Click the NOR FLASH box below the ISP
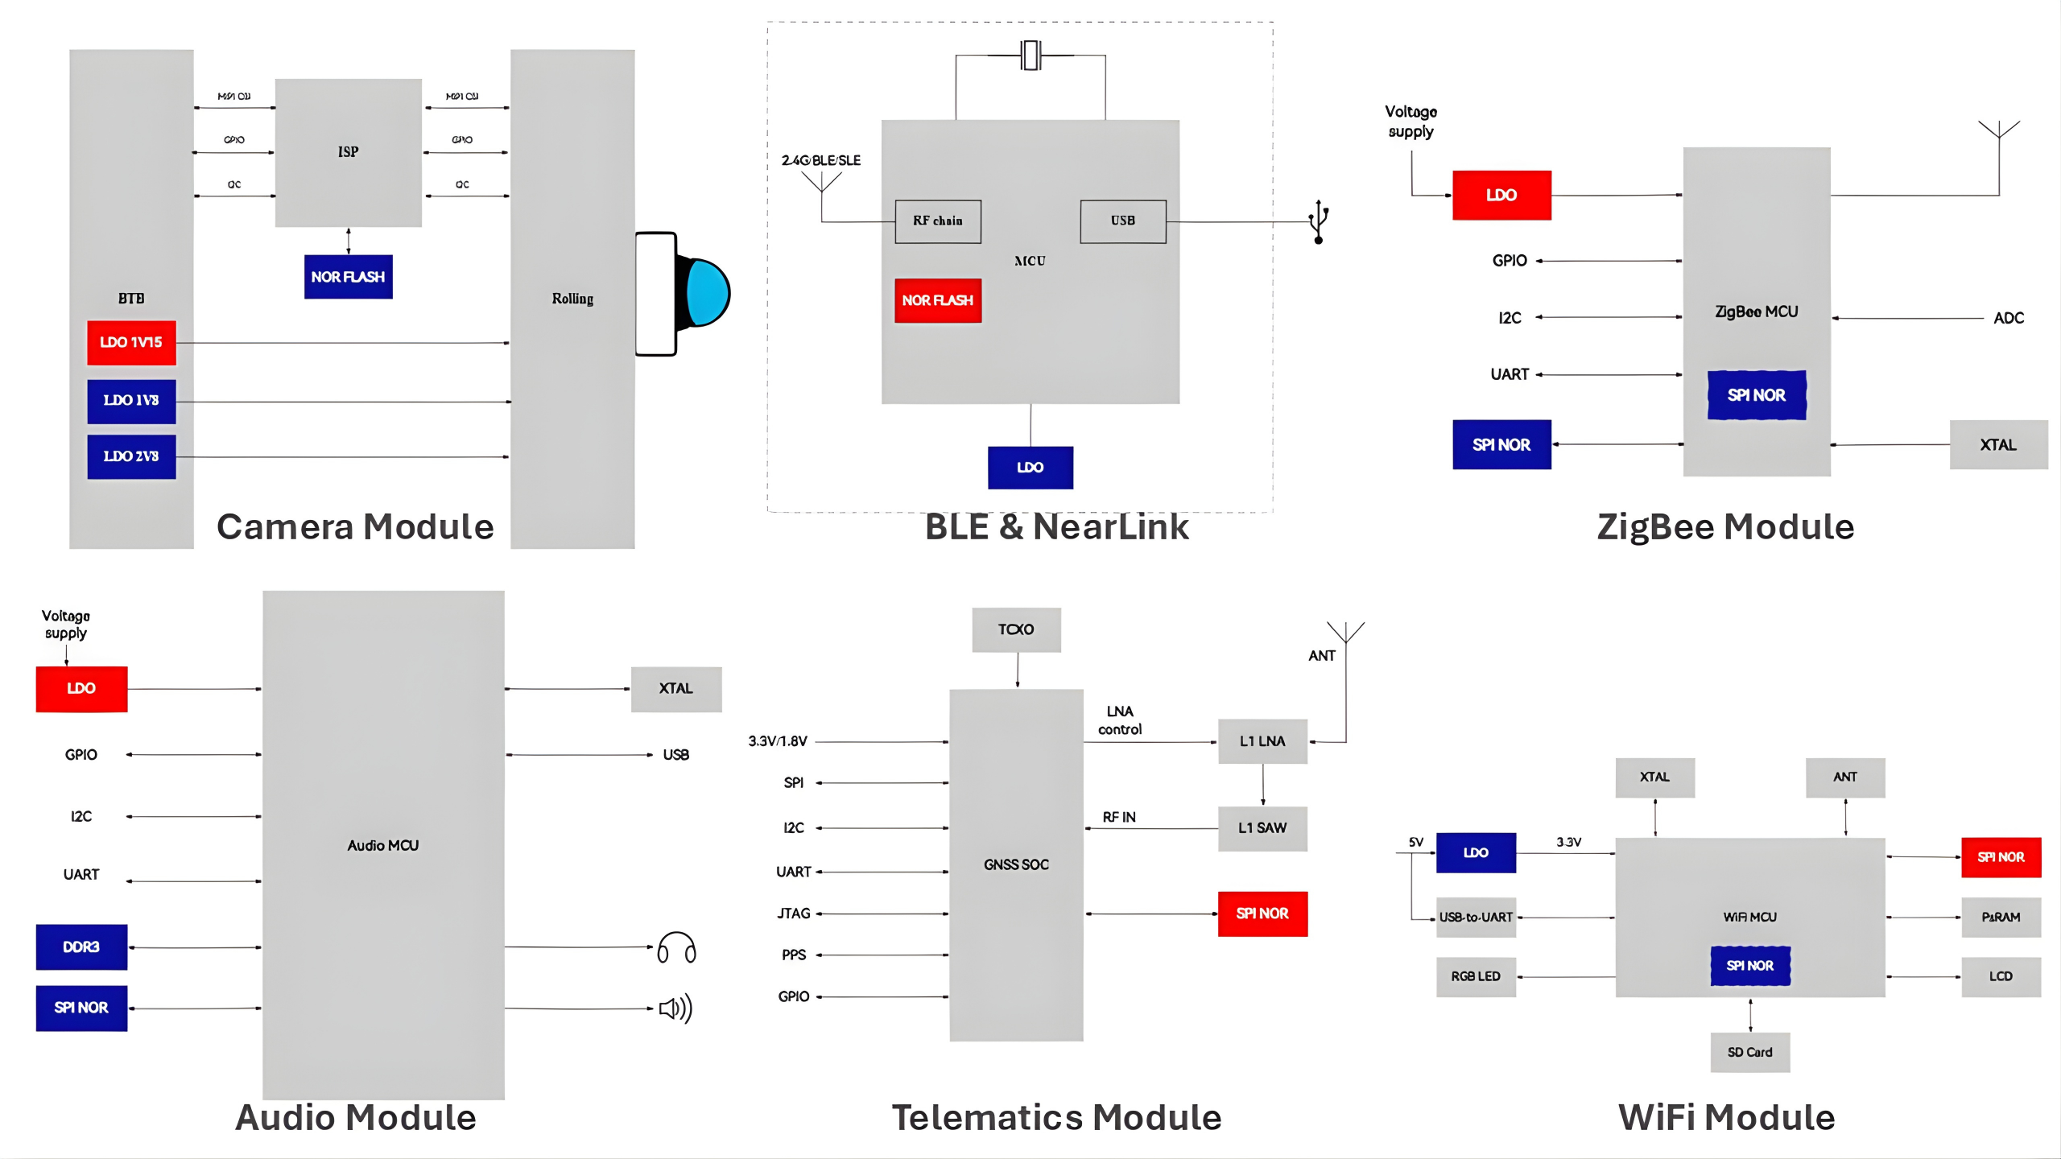coord(348,277)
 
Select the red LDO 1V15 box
coord(131,342)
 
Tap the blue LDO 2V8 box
coord(131,456)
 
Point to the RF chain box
coord(938,221)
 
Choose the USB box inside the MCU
coord(1123,221)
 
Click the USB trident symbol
coord(1318,222)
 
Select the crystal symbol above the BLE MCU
coord(1030,56)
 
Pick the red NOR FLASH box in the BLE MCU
coord(938,300)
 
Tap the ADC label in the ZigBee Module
coord(2009,318)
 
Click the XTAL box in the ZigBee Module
coord(1998,445)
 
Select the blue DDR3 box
coord(81,947)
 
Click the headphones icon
coord(676,948)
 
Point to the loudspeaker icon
coord(675,1008)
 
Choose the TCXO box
coord(1016,629)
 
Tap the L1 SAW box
coord(1262,828)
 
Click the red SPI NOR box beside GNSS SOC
coord(1262,914)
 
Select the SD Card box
coord(1750,1052)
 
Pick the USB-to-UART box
coord(1476,918)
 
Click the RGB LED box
coord(1476,976)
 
